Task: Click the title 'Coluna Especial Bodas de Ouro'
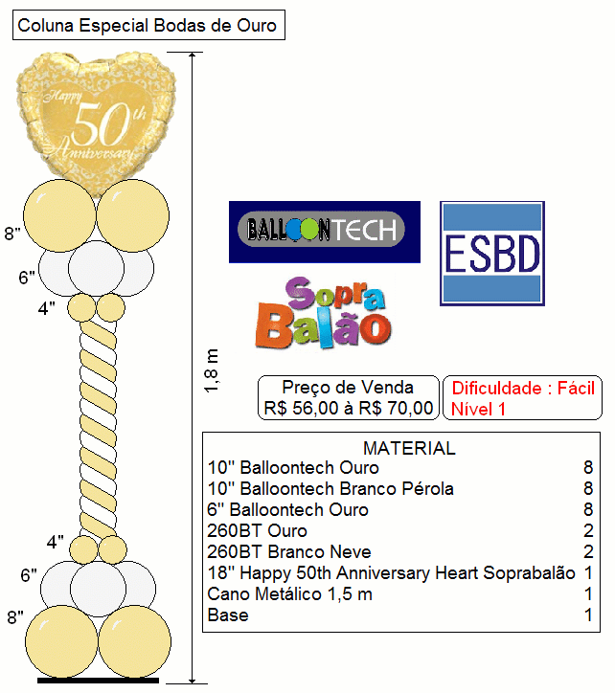point(148,25)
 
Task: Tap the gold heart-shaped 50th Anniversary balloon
point(96,120)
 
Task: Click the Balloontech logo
point(325,232)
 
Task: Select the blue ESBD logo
point(492,254)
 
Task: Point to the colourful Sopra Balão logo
point(324,312)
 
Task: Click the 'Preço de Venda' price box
point(348,397)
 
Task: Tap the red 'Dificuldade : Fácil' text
point(523,388)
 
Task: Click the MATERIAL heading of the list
point(409,448)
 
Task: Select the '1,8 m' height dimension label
point(212,370)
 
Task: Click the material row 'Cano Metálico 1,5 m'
point(290,594)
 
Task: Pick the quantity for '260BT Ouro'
point(588,530)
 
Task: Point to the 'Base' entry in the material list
point(228,615)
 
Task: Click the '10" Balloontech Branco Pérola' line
point(330,489)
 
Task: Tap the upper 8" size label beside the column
point(12,233)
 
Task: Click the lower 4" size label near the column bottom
point(55,542)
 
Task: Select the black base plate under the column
point(98,681)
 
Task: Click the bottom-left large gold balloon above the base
point(61,641)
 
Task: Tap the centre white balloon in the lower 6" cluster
point(99,589)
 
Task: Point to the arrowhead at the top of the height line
point(192,56)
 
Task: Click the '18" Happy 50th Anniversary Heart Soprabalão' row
point(391,572)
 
